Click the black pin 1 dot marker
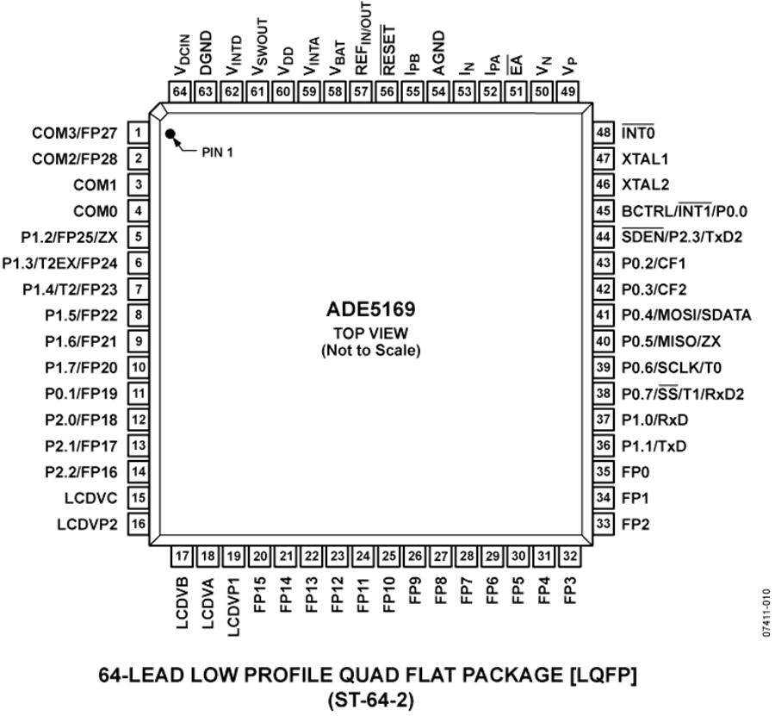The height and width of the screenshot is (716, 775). point(170,134)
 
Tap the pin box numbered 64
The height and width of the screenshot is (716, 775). point(180,91)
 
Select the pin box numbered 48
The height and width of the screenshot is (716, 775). point(604,133)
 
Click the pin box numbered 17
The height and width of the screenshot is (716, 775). point(182,557)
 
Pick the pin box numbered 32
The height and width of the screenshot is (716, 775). point(569,557)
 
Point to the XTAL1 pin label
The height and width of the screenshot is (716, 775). point(644,159)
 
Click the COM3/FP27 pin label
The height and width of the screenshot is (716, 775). point(75,133)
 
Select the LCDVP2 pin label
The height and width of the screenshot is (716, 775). point(88,524)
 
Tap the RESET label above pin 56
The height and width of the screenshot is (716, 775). point(388,51)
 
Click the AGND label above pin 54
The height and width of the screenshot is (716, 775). point(438,53)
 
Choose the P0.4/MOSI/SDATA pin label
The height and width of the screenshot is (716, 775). point(686,315)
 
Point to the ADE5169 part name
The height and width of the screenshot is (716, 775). point(370,309)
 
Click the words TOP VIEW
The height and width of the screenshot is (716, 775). point(370,333)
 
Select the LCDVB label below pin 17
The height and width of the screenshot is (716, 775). point(183,602)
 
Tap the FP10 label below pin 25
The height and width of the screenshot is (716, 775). point(389,595)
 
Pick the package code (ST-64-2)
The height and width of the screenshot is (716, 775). point(369,700)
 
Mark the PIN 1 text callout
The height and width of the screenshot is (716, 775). point(217,153)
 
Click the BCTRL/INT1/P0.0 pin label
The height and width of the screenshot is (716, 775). point(684,211)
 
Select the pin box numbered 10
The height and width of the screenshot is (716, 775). point(139,367)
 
